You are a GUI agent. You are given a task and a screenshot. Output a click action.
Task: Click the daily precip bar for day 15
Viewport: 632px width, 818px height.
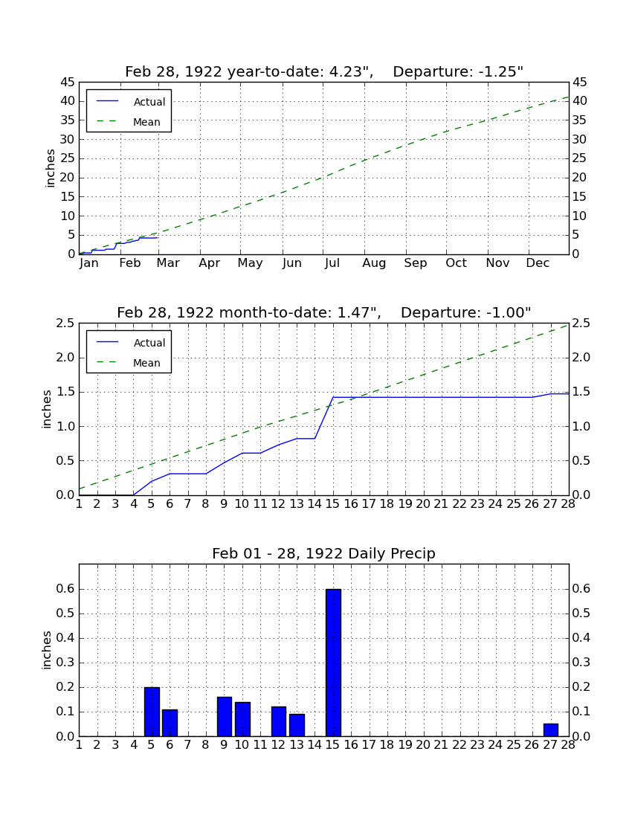(x=333, y=663)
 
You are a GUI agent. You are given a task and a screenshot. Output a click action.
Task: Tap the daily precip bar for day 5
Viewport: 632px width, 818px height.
(x=152, y=712)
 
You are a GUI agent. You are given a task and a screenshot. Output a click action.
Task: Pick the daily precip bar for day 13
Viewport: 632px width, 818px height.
(x=297, y=725)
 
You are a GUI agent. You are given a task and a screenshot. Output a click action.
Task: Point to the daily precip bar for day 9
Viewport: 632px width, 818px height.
(x=225, y=716)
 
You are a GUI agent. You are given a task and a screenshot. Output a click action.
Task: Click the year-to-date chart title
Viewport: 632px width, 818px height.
(x=324, y=71)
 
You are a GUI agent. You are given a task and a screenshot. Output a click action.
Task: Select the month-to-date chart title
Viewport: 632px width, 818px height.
(x=324, y=312)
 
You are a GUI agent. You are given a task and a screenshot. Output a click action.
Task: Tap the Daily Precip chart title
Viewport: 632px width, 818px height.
(x=324, y=553)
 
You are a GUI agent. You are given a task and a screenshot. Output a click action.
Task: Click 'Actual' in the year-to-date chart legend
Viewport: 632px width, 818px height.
(x=149, y=103)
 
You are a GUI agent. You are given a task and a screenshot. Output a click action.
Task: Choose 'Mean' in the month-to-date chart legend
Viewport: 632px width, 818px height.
(x=146, y=363)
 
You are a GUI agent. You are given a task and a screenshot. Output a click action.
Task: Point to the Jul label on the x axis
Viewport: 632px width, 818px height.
(x=332, y=263)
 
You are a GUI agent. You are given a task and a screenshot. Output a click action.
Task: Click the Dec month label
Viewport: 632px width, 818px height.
(x=538, y=263)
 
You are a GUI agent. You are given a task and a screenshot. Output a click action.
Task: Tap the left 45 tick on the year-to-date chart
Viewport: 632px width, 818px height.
(x=68, y=83)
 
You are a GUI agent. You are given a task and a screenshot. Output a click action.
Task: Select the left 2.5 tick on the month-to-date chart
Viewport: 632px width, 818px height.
(x=65, y=323)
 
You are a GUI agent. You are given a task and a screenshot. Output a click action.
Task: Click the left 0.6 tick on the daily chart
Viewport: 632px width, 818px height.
(x=65, y=589)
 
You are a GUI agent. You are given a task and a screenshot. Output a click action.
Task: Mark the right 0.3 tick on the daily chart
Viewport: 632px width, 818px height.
(x=581, y=663)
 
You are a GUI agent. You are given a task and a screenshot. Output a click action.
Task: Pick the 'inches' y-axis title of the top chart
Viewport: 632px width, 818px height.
(x=50, y=168)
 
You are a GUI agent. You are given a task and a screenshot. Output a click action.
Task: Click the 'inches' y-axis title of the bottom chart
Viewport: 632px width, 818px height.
(x=47, y=650)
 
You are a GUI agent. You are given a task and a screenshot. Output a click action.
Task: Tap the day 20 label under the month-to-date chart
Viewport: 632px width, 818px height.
(x=423, y=504)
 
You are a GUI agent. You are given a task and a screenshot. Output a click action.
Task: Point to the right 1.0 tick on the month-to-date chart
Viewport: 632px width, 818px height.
(x=581, y=427)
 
